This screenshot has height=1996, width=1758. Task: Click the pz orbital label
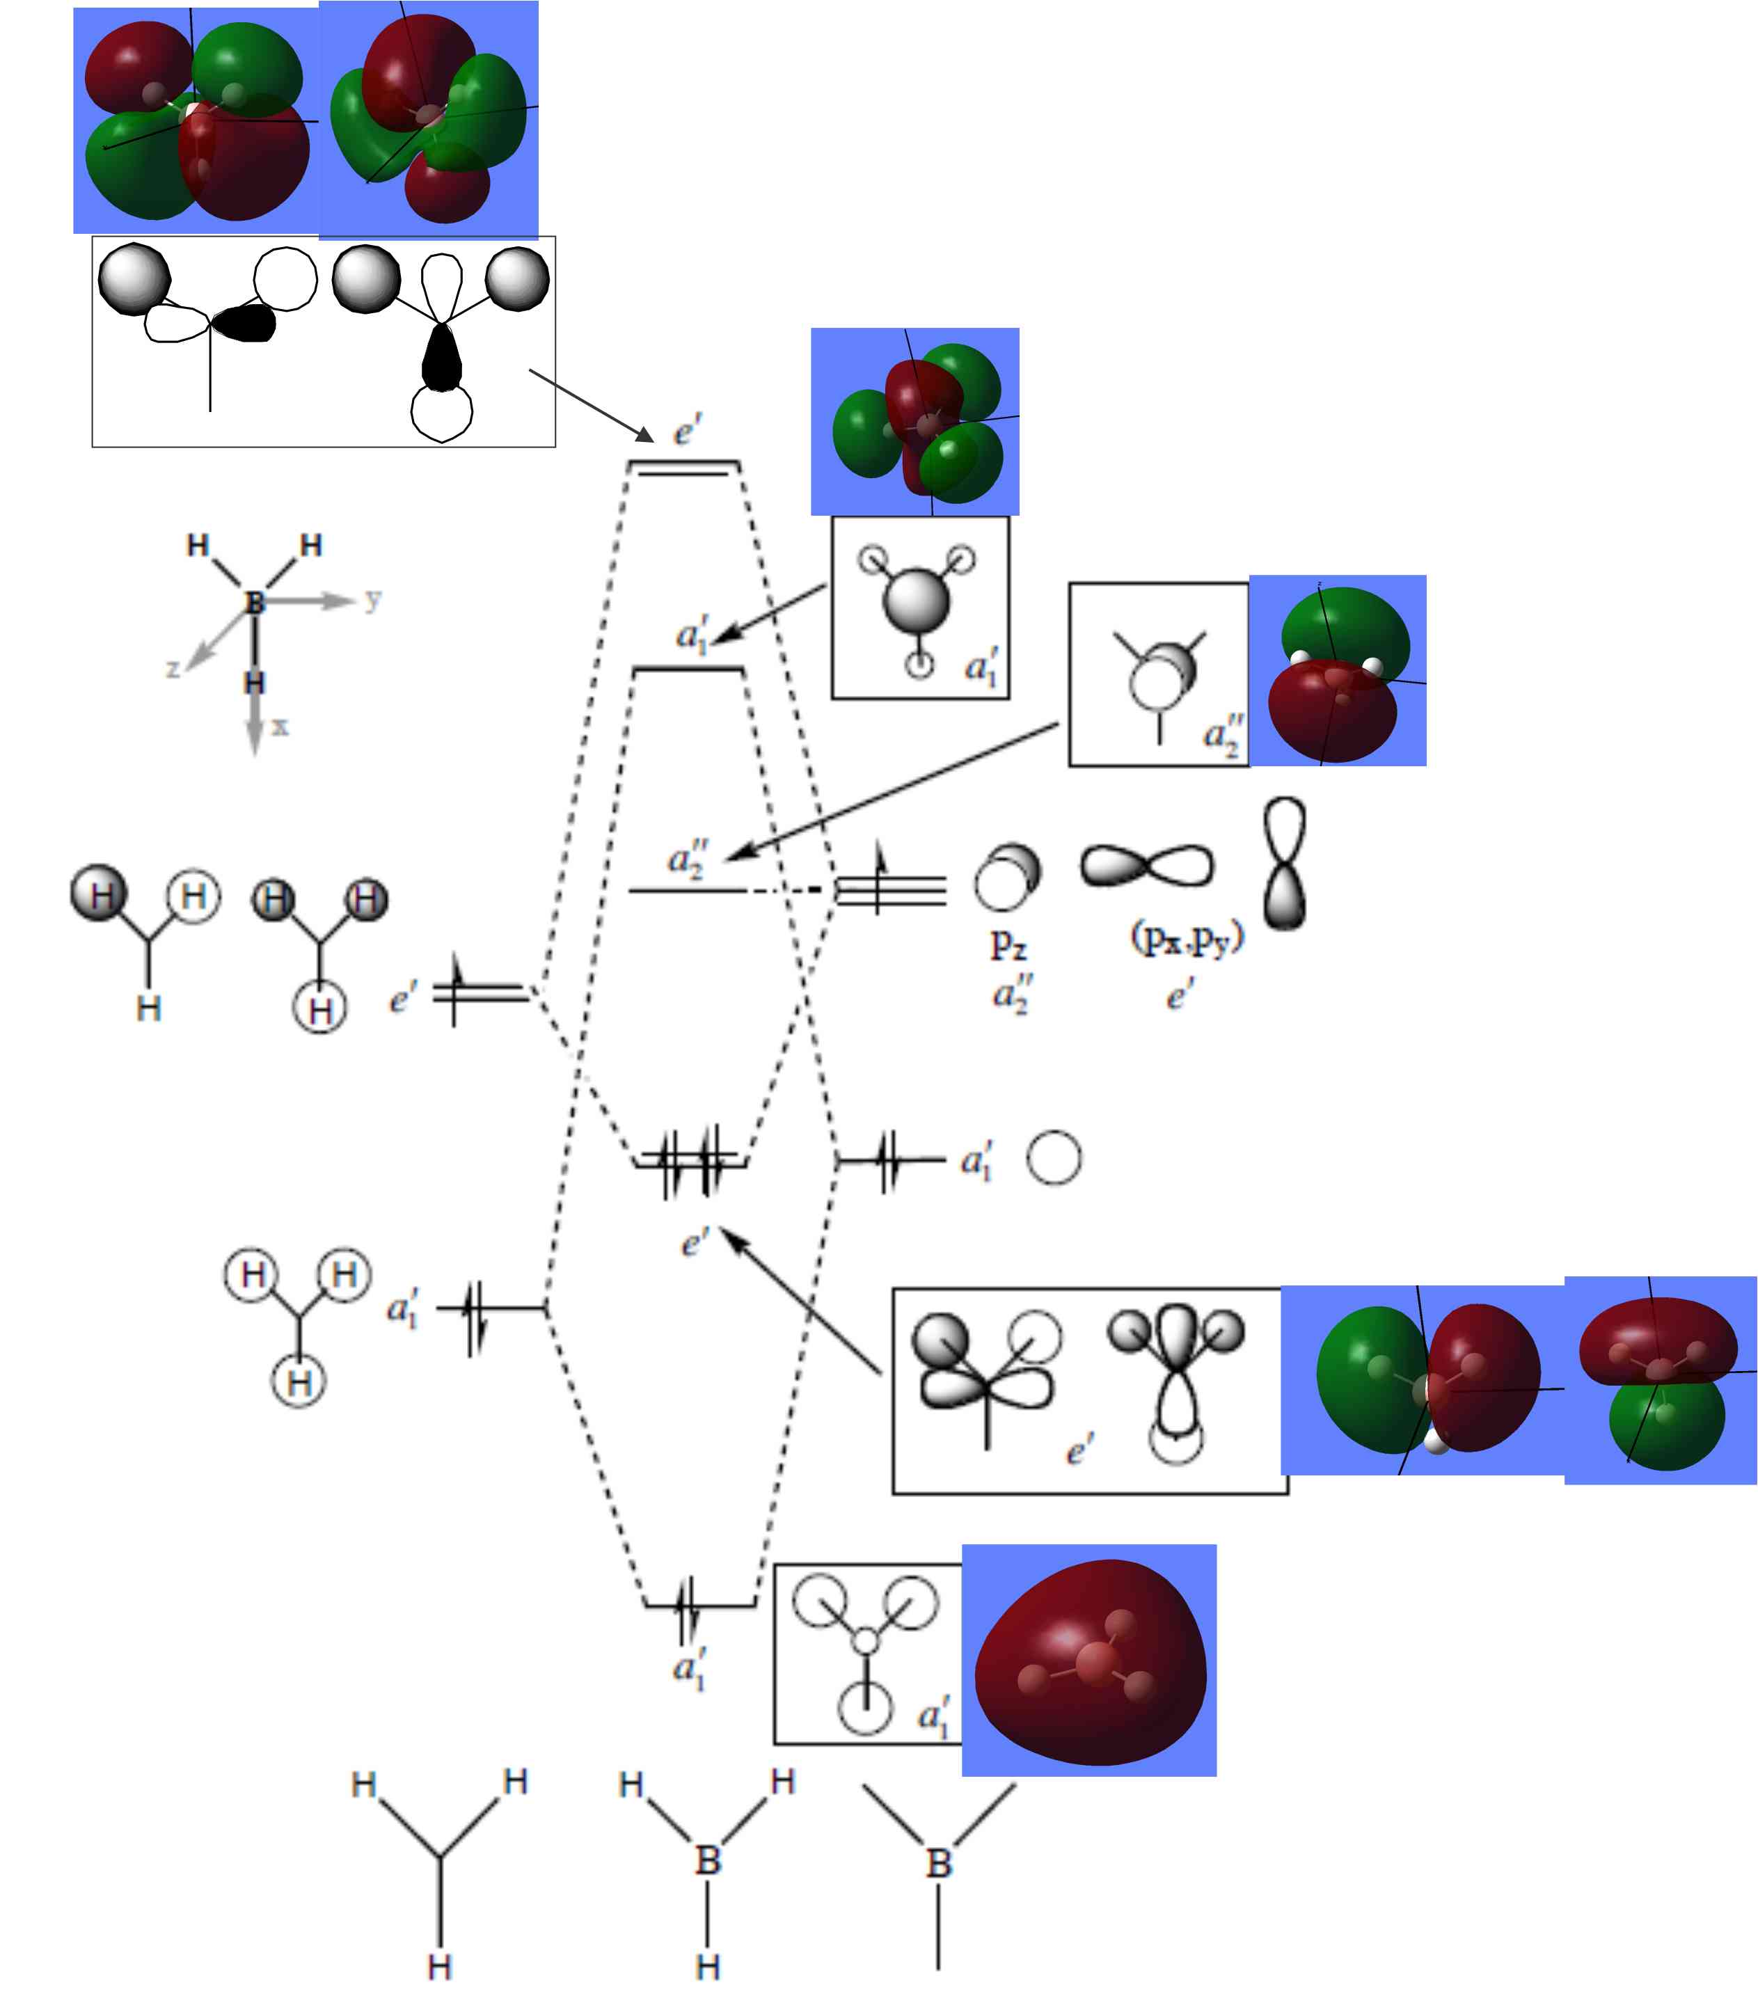point(1008,943)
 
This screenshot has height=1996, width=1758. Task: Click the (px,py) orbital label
point(1187,937)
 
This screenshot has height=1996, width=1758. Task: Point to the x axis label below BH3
point(280,726)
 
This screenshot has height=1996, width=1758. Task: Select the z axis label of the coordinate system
point(173,669)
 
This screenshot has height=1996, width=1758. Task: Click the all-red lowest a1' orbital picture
point(1089,1660)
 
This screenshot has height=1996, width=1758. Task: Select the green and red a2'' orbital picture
point(1338,671)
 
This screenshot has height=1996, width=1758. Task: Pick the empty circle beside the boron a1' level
point(1054,1158)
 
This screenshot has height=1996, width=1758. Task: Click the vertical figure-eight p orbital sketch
point(1284,863)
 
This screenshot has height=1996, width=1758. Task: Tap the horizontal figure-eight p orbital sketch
point(1147,865)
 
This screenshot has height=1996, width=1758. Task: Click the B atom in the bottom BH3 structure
point(708,1860)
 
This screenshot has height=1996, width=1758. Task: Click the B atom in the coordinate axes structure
point(255,603)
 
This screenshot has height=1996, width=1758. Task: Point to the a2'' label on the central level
point(688,858)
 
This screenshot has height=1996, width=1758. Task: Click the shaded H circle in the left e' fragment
point(99,894)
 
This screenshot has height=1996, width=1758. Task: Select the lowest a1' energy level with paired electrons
point(699,1604)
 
